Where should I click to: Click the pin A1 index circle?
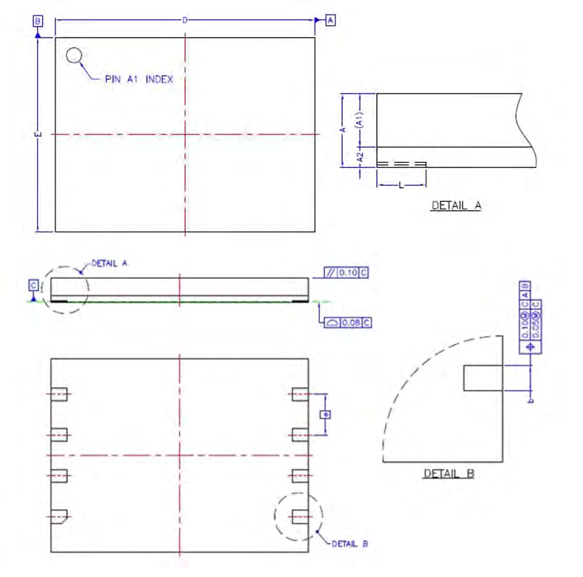tap(74, 55)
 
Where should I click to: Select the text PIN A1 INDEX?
tap(139, 79)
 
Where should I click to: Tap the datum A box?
tap(330, 20)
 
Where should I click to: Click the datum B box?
tap(38, 21)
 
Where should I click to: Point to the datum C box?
tap(33, 284)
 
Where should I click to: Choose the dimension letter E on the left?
tap(37, 134)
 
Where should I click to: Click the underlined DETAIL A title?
tap(456, 206)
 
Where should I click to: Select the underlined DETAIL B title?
tap(449, 473)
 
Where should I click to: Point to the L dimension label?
tap(401, 186)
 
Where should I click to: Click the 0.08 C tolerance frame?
tap(346, 322)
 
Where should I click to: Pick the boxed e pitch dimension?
tap(324, 414)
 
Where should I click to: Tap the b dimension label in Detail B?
tap(531, 400)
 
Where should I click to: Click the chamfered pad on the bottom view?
tap(60, 515)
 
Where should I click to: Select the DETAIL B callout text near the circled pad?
tap(350, 544)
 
